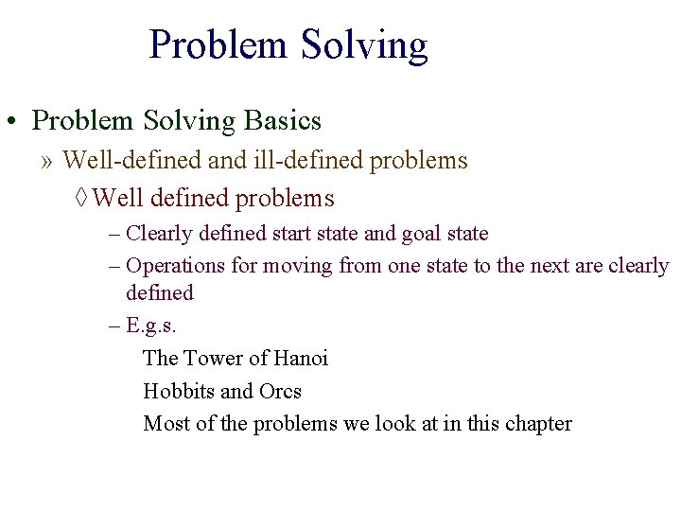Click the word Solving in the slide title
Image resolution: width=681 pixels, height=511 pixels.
pos(363,44)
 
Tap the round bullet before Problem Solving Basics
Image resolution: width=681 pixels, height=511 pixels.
pos(12,122)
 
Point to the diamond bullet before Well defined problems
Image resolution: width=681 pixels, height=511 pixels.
pos(81,199)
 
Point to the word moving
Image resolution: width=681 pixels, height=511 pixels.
pos(297,266)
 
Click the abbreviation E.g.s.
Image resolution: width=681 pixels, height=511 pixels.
pos(151,325)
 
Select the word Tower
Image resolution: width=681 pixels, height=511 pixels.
pos(213,359)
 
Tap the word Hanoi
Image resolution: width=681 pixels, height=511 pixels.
pos(300,359)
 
